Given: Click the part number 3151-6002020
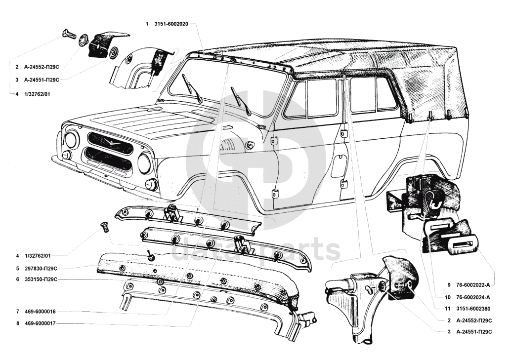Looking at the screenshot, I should pyautogui.click(x=171, y=24).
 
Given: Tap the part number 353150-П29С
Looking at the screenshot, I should pyautogui.click(x=41, y=280).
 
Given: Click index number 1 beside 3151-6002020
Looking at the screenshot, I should pyautogui.click(x=147, y=24).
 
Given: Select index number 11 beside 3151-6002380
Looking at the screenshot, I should pyautogui.click(x=449, y=308).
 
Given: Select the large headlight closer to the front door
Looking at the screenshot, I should pyautogui.click(x=145, y=163).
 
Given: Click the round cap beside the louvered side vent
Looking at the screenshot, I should pyautogui.click(x=250, y=145).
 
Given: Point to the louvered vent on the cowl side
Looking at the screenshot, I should pyautogui.click(x=228, y=143).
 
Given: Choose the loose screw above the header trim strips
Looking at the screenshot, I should pyautogui.click(x=104, y=228).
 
